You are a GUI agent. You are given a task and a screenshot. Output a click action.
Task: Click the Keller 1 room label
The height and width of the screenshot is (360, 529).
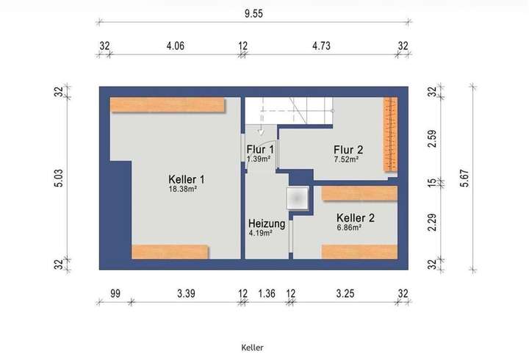[186, 179]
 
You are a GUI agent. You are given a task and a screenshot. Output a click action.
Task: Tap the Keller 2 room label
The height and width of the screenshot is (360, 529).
[356, 217]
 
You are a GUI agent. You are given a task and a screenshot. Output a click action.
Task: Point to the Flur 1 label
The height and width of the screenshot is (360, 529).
[259, 149]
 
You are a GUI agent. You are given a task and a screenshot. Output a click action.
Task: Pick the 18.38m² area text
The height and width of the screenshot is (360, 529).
[183, 189]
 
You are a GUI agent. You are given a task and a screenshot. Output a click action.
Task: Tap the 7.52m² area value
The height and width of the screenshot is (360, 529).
[345, 159]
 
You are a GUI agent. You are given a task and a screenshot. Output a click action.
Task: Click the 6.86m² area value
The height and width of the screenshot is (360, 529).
[349, 228]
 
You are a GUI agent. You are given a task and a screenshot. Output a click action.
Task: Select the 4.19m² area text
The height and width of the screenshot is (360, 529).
[260, 233]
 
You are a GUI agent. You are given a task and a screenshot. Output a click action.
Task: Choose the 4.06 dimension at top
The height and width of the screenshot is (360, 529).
[174, 46]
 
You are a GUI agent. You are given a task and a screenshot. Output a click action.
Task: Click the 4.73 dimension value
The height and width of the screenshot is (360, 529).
[321, 46]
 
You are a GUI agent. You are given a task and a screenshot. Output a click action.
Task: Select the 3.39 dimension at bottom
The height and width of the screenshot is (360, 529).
[186, 293]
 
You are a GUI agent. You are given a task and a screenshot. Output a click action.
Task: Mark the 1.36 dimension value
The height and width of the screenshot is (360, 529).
[267, 293]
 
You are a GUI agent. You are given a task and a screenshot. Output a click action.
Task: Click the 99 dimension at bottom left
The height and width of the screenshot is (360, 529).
[115, 293]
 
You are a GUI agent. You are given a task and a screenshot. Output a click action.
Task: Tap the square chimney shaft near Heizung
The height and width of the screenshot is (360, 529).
[297, 198]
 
